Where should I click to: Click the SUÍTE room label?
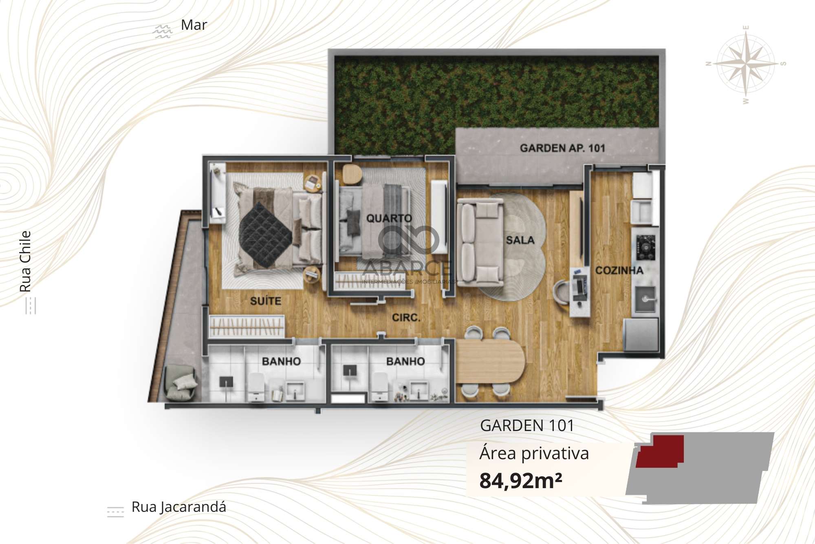tap(265, 301)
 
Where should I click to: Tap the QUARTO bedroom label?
tap(389, 218)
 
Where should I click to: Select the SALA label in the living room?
tap(520, 240)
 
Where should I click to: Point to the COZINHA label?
tap(619, 270)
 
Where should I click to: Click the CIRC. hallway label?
tap(406, 317)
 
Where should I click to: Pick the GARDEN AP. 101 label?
tap(562, 148)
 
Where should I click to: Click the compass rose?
tap(746, 64)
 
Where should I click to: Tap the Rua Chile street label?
tap(25, 261)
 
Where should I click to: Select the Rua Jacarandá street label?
tap(178, 507)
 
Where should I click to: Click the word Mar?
tap(194, 25)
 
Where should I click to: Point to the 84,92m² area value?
tap(521, 480)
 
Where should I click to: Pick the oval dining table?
tap(490, 361)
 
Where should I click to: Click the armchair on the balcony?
tap(182, 383)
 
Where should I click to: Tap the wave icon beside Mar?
tap(162, 31)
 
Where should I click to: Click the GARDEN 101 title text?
tap(527, 425)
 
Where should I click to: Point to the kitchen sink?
tap(645, 299)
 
